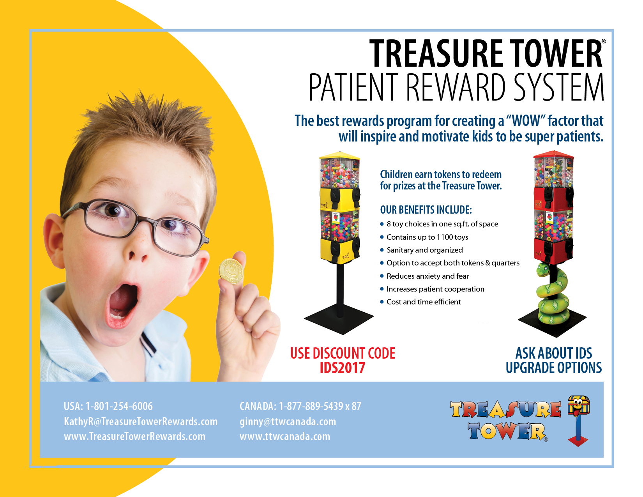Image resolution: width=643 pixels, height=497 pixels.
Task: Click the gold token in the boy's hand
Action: pos(231,271)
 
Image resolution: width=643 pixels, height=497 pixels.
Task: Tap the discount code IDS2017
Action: pos(343,368)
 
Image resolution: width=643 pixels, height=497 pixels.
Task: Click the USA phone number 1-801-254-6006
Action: pos(119,406)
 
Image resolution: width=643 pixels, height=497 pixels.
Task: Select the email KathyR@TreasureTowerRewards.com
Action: pos(141,421)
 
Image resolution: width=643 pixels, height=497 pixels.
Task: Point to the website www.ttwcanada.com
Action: pos(284,436)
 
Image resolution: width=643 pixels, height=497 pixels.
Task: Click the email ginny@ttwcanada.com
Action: pos(288,421)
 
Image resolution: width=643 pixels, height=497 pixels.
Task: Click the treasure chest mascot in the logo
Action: pos(578,406)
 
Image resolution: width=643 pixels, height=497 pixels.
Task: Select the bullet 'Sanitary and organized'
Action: pos(425,250)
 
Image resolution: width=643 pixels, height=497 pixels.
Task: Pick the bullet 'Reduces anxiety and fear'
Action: pos(427,276)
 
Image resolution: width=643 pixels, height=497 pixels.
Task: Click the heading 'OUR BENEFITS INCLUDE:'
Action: pos(426,210)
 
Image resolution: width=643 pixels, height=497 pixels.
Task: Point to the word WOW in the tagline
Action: pos(526,121)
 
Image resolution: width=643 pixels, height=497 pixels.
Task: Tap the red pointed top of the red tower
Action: pos(553,154)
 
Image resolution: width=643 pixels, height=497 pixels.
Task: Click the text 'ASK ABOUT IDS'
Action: pos(554,353)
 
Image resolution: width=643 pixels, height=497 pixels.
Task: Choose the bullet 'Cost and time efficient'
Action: pos(424,302)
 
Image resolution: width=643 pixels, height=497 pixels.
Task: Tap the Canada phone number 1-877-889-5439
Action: pos(311,406)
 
